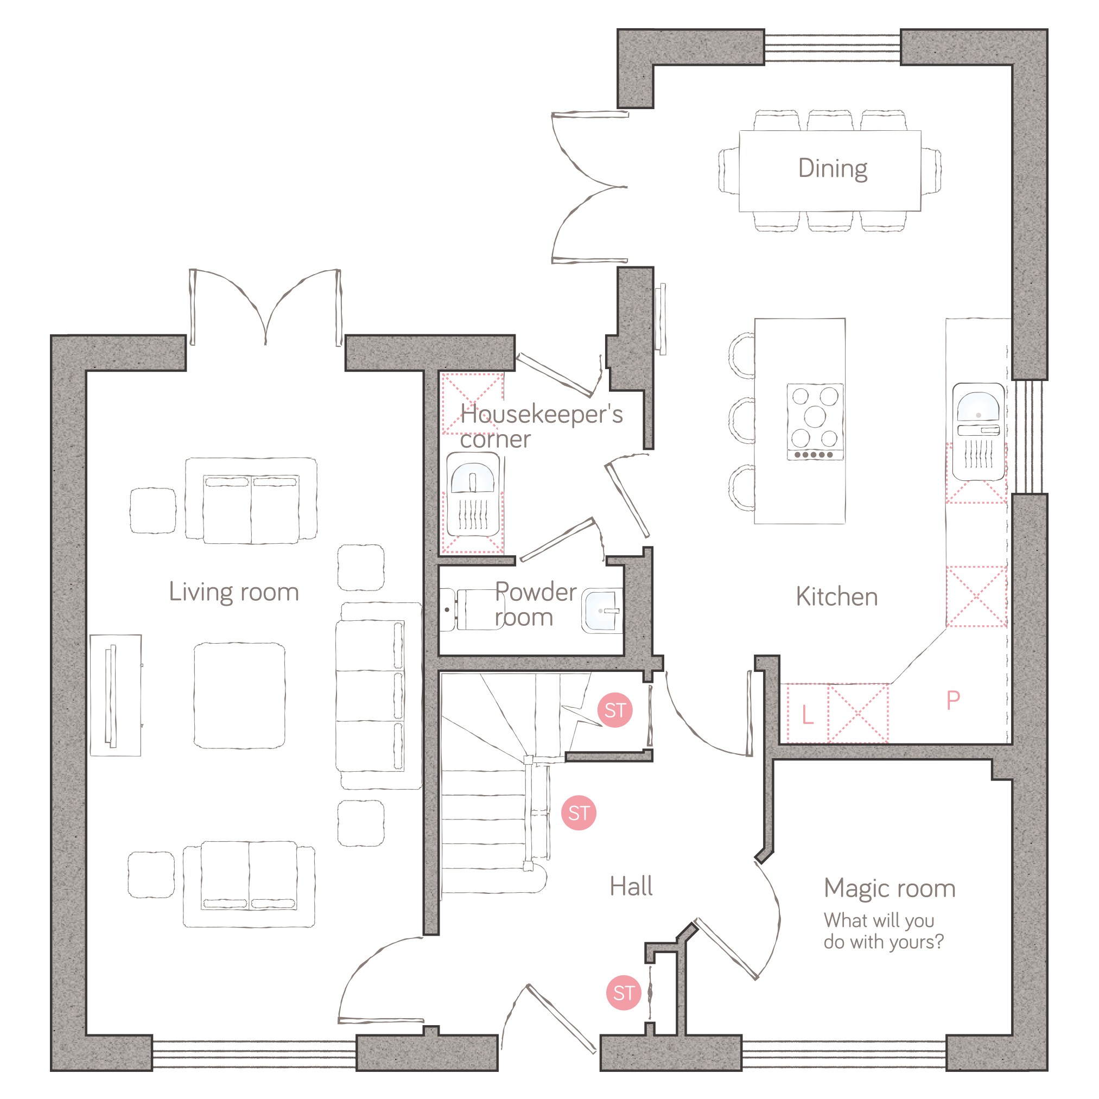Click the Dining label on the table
pyautogui.click(x=832, y=169)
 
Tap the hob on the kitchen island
pyautogui.click(x=815, y=422)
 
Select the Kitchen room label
pyautogui.click(x=837, y=596)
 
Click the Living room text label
pyautogui.click(x=234, y=592)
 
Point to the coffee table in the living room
pyautogui.click(x=239, y=696)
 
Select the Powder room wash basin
pyautogui.click(x=602, y=611)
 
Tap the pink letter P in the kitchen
pyautogui.click(x=954, y=700)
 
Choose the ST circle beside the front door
pyautogui.click(x=624, y=993)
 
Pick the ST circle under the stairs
pyautogui.click(x=579, y=812)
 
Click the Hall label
pyautogui.click(x=631, y=886)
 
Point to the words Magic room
pyautogui.click(x=890, y=888)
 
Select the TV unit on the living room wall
pyautogui.click(x=116, y=695)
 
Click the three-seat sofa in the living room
pyautogui.click(x=378, y=696)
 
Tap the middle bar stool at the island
pyautogui.click(x=742, y=421)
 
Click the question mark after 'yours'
pyautogui.click(x=939, y=942)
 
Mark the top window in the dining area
pyautogui.click(x=832, y=47)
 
